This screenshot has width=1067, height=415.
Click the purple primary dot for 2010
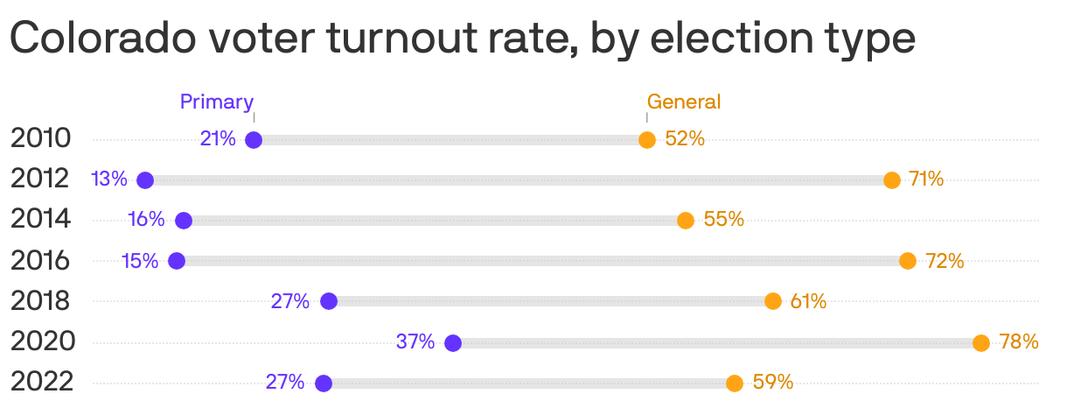coord(254,139)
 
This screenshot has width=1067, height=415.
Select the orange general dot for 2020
coord(981,342)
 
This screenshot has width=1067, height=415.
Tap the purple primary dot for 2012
coord(145,180)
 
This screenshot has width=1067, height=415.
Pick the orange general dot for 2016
coord(908,261)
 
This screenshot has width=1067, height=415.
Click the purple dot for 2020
coord(453,342)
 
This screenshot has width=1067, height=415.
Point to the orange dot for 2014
coord(686,221)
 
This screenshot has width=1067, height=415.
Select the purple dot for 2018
coord(329,301)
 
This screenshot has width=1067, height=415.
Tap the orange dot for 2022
coord(735,383)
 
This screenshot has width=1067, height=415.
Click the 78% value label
coord(1019,341)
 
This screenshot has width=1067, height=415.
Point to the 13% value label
coord(109,179)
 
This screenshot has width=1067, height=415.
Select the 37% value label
coord(415,341)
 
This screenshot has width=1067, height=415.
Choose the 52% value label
coord(685,138)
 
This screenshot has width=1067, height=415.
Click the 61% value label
coord(808,301)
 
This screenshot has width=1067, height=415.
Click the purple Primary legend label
coord(217,102)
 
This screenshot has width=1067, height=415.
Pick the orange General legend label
coord(684,102)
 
